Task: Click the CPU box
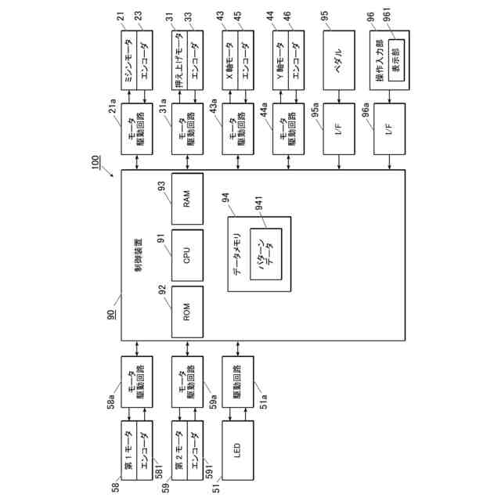coord(187,256)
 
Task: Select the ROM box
coord(187,312)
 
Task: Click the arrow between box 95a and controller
coord(338,161)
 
